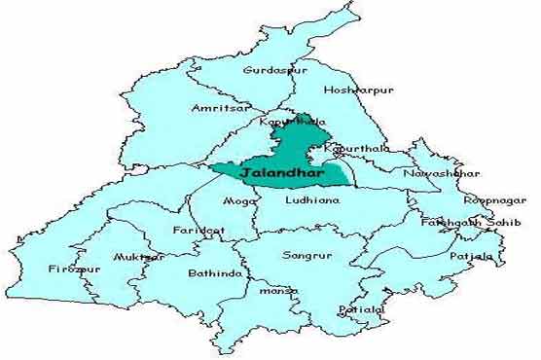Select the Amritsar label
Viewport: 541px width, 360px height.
[x=219, y=108]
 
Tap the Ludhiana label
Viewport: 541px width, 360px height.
[x=313, y=199]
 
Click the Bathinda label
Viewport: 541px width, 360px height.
[x=215, y=273]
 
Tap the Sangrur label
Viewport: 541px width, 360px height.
[x=300, y=256]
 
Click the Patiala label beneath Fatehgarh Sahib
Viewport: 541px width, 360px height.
[x=472, y=256]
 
